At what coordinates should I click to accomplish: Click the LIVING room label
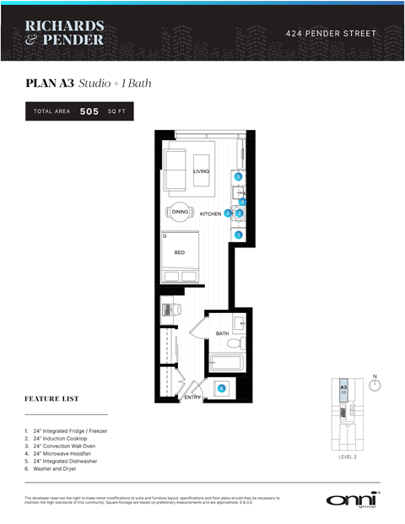pyautogui.click(x=201, y=171)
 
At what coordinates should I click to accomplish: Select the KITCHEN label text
pyautogui.click(x=210, y=214)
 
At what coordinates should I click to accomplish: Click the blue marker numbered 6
pyautogui.click(x=222, y=388)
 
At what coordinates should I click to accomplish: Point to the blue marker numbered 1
pyautogui.click(x=239, y=235)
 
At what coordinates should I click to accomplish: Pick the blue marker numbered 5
pyautogui.click(x=239, y=176)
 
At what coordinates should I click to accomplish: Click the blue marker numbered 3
pyautogui.click(x=228, y=213)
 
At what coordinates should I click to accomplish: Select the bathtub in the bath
pyautogui.click(x=226, y=363)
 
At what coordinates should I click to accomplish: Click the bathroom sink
pyautogui.click(x=239, y=322)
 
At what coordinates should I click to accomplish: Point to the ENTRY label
pyautogui.click(x=192, y=397)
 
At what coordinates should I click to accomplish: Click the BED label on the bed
pyautogui.click(x=179, y=252)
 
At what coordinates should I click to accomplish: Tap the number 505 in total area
pyautogui.click(x=89, y=111)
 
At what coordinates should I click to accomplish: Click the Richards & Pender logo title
pyautogui.click(x=64, y=33)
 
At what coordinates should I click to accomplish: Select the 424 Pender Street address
pyautogui.click(x=331, y=34)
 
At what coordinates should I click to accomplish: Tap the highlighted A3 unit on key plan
pyautogui.click(x=344, y=391)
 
